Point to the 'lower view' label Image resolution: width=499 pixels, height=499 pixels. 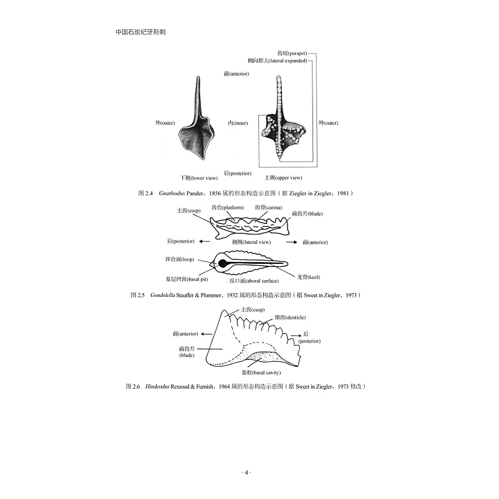(x=198, y=177)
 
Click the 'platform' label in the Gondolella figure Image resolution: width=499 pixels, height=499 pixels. (x=227, y=207)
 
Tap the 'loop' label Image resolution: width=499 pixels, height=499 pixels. (x=182, y=258)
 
